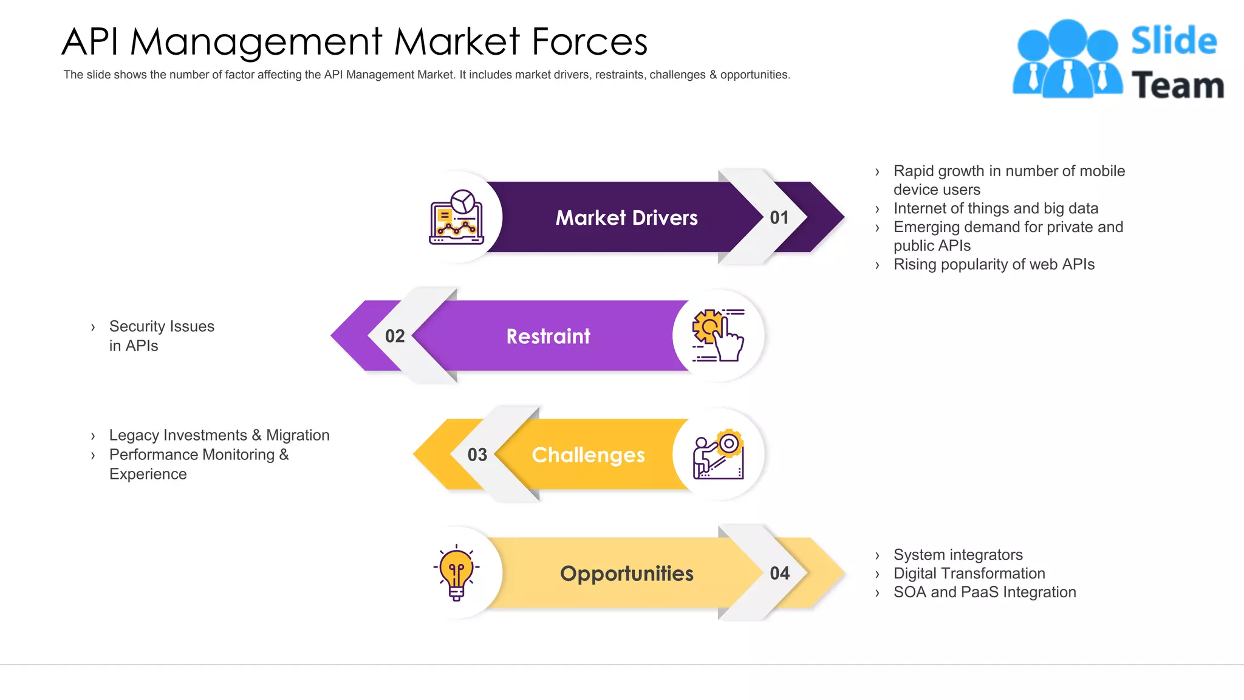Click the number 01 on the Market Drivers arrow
(x=779, y=218)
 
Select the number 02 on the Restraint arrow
(x=395, y=336)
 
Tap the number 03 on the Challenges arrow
(x=477, y=455)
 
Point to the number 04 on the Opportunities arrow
(x=780, y=573)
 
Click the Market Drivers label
(x=626, y=218)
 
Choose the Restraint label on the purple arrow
(x=548, y=336)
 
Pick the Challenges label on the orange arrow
(x=588, y=455)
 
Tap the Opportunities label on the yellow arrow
(x=626, y=573)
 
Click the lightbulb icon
(x=456, y=573)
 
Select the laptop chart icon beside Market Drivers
(x=457, y=218)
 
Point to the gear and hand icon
(x=718, y=336)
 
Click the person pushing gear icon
(x=719, y=455)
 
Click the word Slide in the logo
(x=1174, y=41)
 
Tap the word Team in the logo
(x=1177, y=85)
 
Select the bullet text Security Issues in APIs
(x=162, y=336)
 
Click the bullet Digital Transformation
(x=969, y=574)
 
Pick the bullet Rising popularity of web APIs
(x=994, y=264)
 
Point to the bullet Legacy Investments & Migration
(x=219, y=435)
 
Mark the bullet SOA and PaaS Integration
(x=985, y=592)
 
